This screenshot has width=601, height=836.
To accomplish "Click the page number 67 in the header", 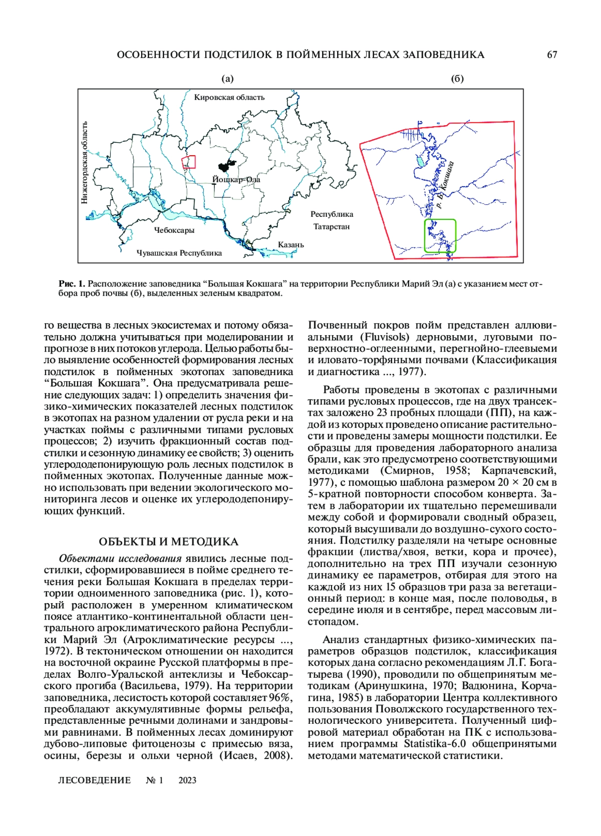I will coord(552,55).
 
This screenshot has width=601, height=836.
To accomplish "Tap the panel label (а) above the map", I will coord(227,79).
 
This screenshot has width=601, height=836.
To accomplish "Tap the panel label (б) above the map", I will coord(457,79).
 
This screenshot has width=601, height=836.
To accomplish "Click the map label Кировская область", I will coord(229,97).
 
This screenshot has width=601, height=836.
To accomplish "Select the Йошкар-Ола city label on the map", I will coord(236,179).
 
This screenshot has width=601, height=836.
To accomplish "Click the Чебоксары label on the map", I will coord(174,230).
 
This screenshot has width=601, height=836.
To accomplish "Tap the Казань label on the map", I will coord(291,244).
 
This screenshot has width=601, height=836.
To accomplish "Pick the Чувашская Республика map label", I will coord(179,253).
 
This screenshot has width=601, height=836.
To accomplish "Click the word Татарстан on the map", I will coord(332,226).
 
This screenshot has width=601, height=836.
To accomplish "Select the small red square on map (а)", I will coord(188,162).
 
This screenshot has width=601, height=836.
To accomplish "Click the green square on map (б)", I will coord(440,235).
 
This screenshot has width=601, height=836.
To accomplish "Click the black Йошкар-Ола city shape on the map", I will coord(226,165).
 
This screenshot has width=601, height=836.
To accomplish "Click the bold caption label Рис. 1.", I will coord(72,284).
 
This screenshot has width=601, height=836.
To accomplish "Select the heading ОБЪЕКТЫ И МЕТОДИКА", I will coord(168,541).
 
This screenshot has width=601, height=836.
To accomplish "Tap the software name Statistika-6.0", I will coord(435,743).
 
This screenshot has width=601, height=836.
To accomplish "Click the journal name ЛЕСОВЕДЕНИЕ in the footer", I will coord(95,780).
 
